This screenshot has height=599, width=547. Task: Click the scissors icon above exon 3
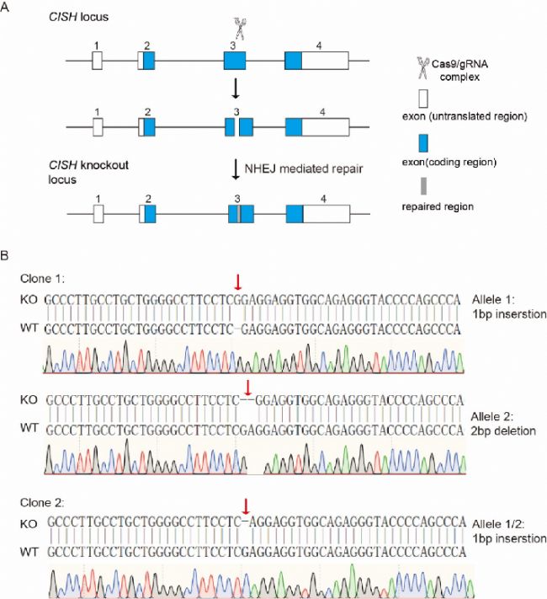click(x=239, y=29)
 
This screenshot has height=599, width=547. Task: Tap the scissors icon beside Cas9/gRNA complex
click(x=422, y=68)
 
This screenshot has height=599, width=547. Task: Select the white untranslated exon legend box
click(x=423, y=99)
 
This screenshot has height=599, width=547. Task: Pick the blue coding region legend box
click(x=423, y=143)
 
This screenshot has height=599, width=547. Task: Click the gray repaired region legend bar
click(x=423, y=186)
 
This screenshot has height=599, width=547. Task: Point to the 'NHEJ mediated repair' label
click(x=304, y=168)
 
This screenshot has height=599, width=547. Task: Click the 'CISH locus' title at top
click(x=78, y=17)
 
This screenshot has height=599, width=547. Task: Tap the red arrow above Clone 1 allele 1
click(x=238, y=282)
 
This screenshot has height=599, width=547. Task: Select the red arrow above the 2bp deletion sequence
click(x=248, y=388)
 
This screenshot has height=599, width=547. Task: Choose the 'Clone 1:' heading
click(x=42, y=279)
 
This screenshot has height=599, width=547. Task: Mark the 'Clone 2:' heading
click(x=42, y=503)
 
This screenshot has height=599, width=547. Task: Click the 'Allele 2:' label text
click(x=492, y=416)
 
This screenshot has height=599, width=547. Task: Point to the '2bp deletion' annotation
click(x=503, y=431)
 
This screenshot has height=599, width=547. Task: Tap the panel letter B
click(x=4, y=255)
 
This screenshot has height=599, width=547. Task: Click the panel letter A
click(x=4, y=7)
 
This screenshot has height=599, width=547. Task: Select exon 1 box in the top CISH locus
click(x=97, y=61)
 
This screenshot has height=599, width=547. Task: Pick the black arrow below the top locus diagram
click(x=236, y=88)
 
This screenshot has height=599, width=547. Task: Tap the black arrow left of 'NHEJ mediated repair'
click(x=236, y=170)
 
